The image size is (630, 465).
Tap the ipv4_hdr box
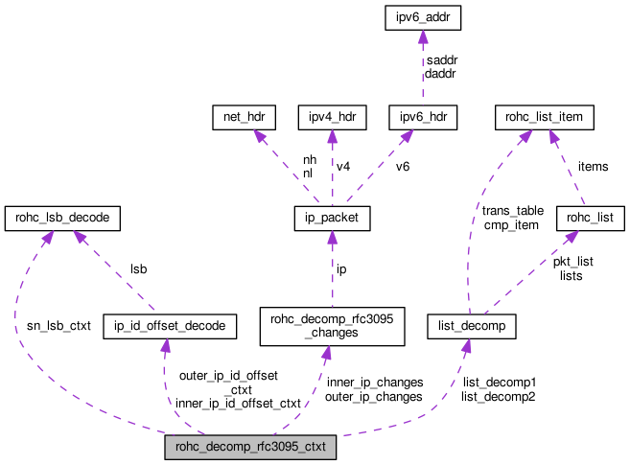click(332, 118)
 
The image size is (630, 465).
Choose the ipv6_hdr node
click(423, 118)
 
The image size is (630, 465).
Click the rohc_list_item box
click(545, 118)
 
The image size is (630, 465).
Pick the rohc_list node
click(591, 220)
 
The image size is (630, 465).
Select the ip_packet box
click(332, 220)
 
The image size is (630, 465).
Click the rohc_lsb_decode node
click(63, 220)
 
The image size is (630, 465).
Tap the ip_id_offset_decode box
click(169, 327)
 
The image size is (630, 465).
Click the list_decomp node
click(472, 327)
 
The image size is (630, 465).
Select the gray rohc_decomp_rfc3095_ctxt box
click(250, 448)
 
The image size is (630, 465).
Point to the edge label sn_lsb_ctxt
click(58, 326)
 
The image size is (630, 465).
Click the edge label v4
click(343, 167)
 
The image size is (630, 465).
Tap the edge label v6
click(403, 167)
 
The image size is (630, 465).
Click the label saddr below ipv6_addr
click(442, 59)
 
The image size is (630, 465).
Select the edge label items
click(593, 167)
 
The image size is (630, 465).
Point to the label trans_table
click(512, 210)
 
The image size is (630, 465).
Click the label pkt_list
click(573, 261)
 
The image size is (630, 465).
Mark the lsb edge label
click(140, 271)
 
